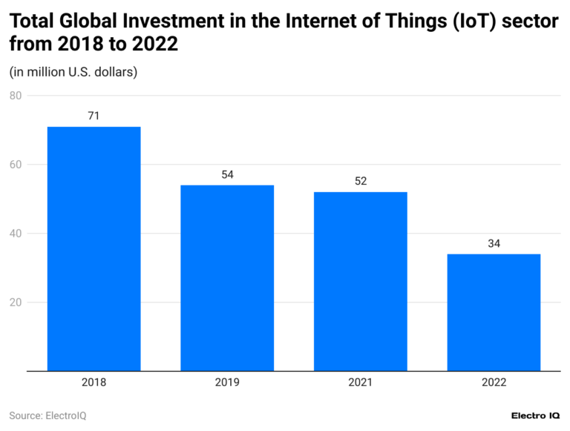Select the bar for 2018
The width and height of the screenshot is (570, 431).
point(94,249)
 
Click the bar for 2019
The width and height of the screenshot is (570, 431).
point(227,277)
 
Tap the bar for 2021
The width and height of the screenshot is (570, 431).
point(360,281)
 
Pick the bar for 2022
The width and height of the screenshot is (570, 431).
point(494,312)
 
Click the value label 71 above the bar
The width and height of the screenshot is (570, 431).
point(94,116)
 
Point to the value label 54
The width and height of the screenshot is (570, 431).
point(227,174)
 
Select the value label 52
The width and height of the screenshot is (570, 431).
point(360,181)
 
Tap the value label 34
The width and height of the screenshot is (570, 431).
point(494,243)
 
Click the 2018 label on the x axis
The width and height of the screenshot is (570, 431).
point(94,383)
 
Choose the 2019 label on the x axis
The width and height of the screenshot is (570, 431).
point(227,383)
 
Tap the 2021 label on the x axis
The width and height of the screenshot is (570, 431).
point(360,383)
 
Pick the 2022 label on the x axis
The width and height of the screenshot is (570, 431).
point(494,383)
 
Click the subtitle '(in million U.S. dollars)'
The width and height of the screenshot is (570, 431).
point(73,72)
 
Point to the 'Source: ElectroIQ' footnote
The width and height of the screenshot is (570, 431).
point(47,415)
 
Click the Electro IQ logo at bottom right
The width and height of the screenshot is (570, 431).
point(535,415)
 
